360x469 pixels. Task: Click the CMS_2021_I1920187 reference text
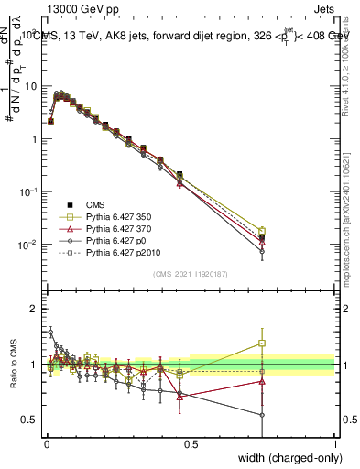[x=191, y=274]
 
